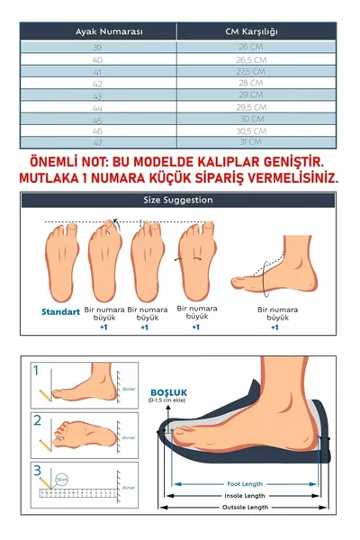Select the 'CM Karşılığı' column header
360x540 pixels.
[x=256, y=31]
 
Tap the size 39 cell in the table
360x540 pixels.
[x=98, y=47]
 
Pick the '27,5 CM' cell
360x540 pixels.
[x=252, y=70]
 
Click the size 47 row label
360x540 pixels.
[x=98, y=141]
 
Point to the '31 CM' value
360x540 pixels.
[x=252, y=141]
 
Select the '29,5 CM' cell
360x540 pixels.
[x=252, y=106]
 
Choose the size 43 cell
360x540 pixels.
[x=98, y=94]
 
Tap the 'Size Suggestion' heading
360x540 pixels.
[x=178, y=200]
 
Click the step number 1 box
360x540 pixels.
[x=36, y=370]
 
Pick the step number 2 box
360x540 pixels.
[x=36, y=419]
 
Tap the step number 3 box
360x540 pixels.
[x=36, y=469]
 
